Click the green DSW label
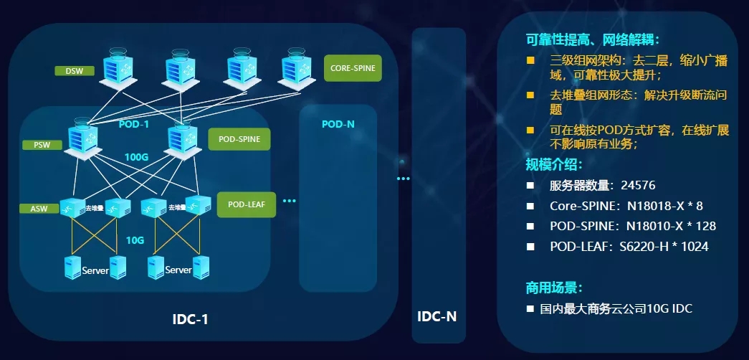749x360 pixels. (75, 71)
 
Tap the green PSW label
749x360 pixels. (42, 145)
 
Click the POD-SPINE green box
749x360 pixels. (239, 138)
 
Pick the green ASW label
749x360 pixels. (39, 209)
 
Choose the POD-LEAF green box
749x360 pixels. (247, 204)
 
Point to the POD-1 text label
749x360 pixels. (133, 124)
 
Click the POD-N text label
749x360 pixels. (338, 124)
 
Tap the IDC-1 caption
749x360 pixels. (191, 319)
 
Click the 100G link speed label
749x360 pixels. (136, 157)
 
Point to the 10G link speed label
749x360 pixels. (135, 240)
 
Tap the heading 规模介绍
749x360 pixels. (553, 164)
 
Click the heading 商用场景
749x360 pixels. (553, 288)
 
